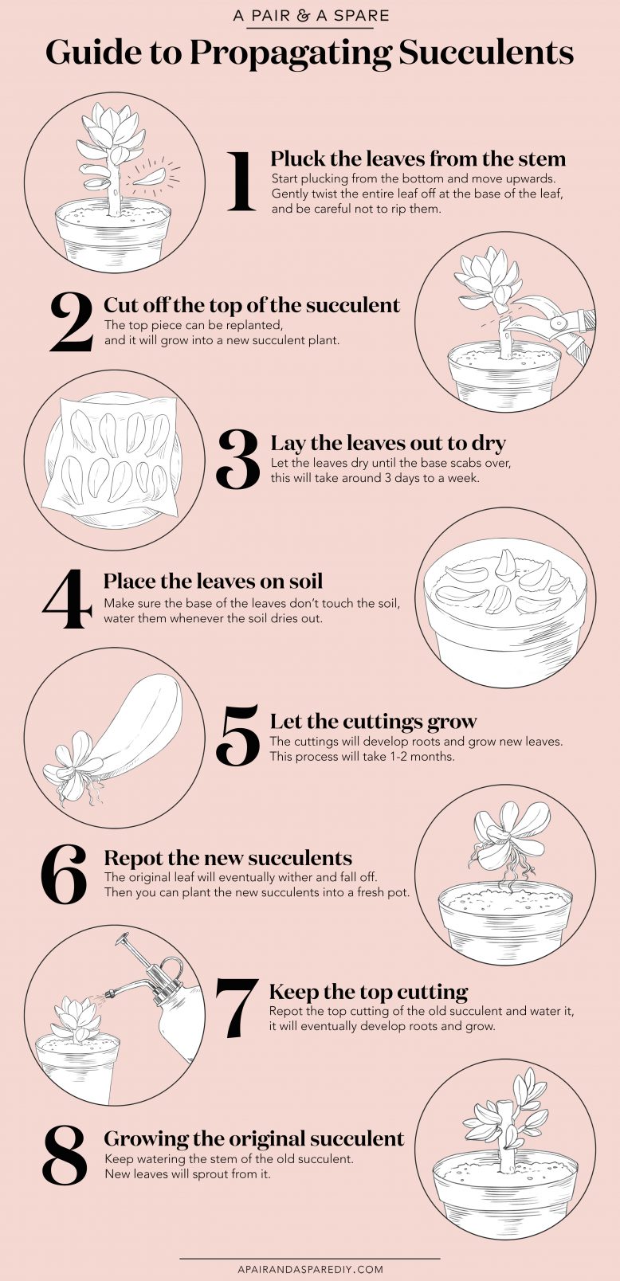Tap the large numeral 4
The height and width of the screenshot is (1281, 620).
68,598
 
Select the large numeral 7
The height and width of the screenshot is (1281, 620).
236,1007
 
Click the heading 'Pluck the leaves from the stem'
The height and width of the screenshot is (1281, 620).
418,159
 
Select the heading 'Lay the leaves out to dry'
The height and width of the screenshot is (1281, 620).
388,443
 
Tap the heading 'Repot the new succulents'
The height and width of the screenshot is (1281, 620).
228,858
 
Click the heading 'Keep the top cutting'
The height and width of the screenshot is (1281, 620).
368,992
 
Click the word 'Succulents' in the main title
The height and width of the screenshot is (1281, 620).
485,53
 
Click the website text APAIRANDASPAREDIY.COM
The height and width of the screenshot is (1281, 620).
310,1269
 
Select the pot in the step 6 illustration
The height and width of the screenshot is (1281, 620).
504,915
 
